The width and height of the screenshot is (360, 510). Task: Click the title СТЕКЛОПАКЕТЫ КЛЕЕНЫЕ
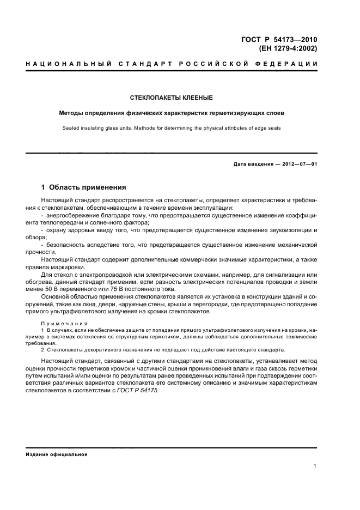171,98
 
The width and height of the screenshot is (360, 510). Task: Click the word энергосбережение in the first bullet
74,216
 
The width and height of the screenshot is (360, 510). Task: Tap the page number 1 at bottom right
316,465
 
